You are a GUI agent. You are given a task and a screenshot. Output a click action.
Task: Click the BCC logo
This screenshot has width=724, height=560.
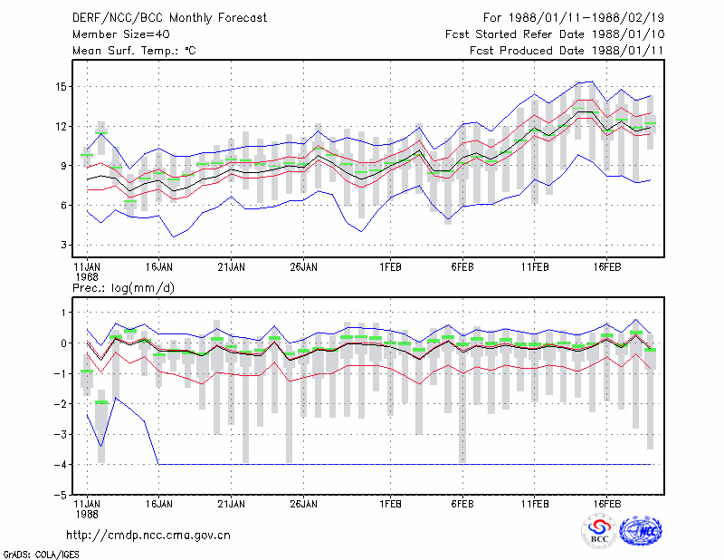599,532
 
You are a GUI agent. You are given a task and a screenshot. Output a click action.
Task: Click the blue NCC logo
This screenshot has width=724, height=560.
641,531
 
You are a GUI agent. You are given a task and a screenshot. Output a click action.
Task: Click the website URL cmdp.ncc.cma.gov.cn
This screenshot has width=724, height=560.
148,536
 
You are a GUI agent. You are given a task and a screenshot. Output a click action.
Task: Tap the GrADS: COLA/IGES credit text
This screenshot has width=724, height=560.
41,555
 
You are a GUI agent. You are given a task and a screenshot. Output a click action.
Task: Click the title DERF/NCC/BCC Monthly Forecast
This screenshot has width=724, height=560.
169,18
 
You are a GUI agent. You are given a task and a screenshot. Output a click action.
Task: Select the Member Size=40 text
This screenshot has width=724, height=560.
121,34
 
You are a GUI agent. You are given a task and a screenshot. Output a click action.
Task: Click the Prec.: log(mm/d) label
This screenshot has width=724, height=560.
123,288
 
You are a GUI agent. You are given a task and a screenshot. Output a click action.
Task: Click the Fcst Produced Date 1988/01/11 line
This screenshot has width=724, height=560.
567,51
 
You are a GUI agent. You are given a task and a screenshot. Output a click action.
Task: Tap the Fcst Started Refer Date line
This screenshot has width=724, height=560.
555,34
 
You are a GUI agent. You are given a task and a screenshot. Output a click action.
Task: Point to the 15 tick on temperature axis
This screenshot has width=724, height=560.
61,87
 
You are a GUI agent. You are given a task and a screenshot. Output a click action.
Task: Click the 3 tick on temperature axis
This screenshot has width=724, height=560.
63,245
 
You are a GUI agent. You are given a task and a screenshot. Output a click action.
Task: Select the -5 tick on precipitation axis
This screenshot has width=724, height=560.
60,495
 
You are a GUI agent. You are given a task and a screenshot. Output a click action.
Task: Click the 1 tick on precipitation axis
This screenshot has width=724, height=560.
63,313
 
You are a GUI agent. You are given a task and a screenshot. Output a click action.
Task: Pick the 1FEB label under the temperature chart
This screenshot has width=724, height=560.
390,267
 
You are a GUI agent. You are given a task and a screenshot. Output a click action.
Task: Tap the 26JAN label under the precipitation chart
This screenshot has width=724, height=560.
303,504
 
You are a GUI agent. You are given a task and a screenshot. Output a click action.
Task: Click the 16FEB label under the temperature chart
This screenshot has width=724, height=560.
606,267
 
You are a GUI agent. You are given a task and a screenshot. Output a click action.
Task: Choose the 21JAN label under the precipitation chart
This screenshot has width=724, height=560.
232,504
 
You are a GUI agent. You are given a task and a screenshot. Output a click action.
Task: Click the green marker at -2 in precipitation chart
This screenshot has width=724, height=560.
101,402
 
